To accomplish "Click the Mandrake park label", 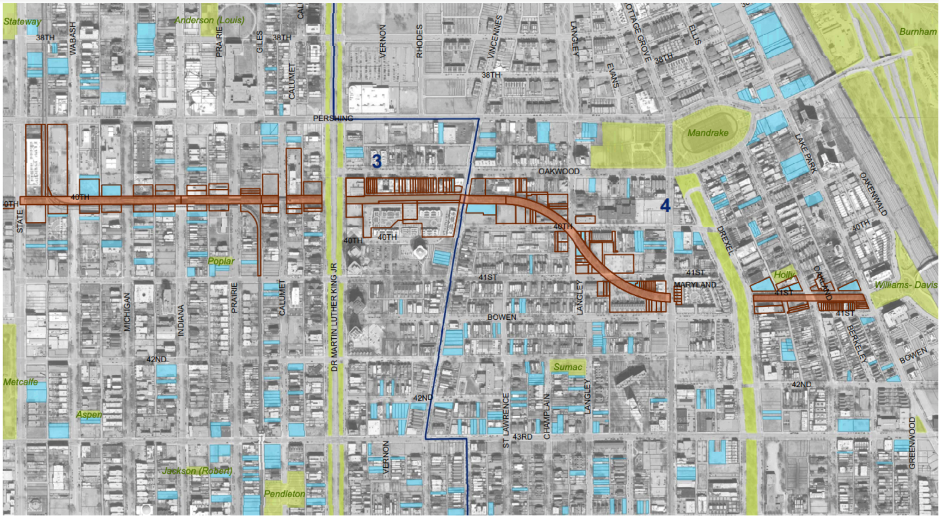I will pos(707,133).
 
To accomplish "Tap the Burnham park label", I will pos(917,32).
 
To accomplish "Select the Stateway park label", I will pos(22,21).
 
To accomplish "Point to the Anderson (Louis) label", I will pos(210,20).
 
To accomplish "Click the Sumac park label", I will pos(568,367).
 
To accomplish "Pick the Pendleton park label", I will pos(284,494).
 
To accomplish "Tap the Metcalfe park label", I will pos(21,382).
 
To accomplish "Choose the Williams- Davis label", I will pos(905,285).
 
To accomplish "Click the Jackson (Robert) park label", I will pos(197,471).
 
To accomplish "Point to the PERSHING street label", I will pos(333,118).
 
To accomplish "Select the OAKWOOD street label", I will pos(558,171).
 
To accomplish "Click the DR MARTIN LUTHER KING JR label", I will pos(334,317).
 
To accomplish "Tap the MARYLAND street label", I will pos(695,285).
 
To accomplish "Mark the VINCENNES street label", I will pos(495,37).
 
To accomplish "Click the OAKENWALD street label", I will pos(873,194).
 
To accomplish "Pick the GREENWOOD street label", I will pos(912,443).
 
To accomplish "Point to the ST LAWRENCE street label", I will pos(506,420).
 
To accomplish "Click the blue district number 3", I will pos(377,161).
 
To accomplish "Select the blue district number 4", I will pos(665,206).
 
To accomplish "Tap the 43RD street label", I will pos(522,437).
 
